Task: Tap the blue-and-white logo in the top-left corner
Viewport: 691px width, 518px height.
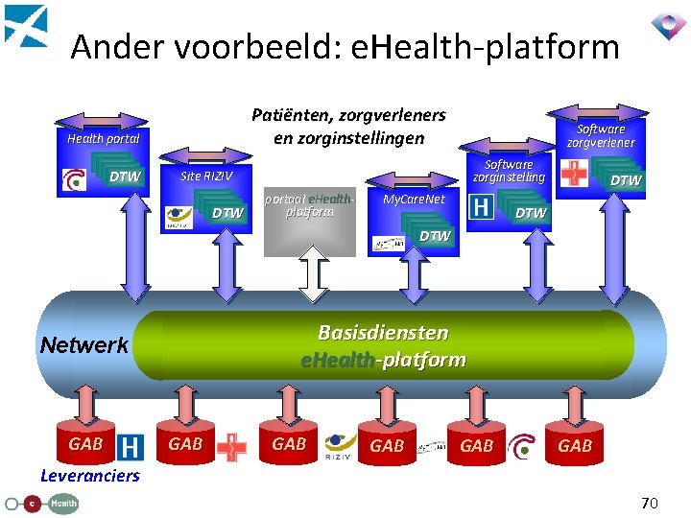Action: (25, 25)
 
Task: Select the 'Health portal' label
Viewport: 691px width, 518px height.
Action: (104, 138)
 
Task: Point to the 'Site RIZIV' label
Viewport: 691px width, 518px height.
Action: (206, 177)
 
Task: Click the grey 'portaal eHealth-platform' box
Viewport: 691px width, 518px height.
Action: (309, 219)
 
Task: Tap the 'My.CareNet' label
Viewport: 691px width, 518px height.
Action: (414, 200)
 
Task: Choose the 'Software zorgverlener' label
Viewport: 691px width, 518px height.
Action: (600, 135)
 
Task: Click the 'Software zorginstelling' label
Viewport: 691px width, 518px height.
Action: (509, 170)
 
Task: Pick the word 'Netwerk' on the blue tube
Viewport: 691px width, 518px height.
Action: (83, 345)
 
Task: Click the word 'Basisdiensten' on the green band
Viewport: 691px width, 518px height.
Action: (383, 333)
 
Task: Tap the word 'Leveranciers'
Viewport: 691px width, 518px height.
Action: (89, 476)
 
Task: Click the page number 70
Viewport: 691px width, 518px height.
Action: (650, 502)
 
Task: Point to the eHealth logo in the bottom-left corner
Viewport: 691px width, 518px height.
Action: (41, 502)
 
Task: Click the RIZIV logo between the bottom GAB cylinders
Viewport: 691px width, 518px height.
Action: (341, 444)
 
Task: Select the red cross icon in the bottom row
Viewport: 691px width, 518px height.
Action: (231, 446)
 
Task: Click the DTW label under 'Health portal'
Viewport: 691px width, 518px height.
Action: (125, 177)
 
